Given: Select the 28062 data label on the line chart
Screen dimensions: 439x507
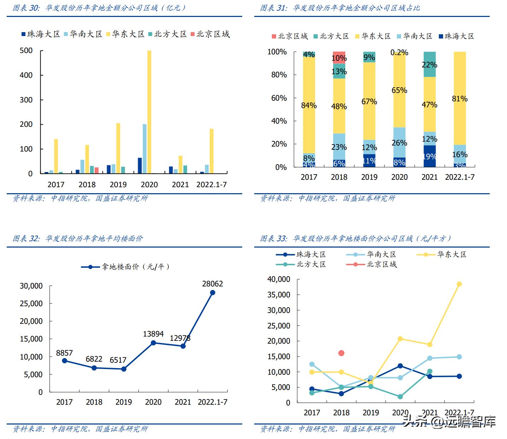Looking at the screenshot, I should (212, 284).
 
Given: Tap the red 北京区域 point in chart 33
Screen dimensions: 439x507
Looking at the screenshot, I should (341, 353).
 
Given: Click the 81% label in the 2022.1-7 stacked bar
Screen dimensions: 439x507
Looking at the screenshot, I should (460, 99).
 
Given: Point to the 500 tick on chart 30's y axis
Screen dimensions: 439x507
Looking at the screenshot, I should (26, 51).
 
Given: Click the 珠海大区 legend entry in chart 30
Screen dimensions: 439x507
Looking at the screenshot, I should (41, 34).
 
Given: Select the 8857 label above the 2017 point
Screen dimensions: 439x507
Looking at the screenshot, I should (64, 353).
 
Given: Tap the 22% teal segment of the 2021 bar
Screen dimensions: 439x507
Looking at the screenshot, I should (429, 65).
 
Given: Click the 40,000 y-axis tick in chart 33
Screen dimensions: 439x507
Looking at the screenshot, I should (279, 279).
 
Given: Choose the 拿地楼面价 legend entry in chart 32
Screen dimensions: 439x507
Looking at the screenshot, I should (125, 267).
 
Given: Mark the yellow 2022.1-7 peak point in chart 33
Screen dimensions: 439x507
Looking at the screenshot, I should (459, 284).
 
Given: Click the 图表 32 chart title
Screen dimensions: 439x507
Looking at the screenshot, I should (78, 238).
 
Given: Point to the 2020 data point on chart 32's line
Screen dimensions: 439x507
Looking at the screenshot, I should (153, 343).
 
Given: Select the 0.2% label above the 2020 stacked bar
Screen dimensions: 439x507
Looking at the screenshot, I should (399, 53).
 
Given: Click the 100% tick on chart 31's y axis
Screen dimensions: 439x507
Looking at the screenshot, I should (277, 52).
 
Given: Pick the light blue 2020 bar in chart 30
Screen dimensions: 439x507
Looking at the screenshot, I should (144, 148).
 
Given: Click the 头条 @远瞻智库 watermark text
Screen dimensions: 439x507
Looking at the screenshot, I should (449, 421).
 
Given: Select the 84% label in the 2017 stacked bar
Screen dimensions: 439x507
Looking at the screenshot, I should (309, 105).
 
